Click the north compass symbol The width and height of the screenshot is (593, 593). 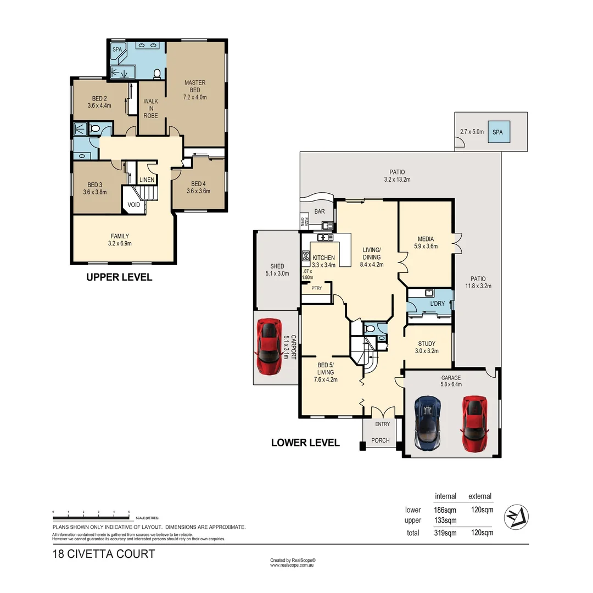tap(516, 517)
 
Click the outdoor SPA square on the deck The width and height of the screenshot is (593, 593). tap(497, 132)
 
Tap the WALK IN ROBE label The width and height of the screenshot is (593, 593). tap(151, 108)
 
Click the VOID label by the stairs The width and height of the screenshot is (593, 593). tap(134, 205)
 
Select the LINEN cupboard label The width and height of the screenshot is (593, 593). tap(147, 180)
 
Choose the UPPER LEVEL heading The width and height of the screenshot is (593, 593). tap(119, 278)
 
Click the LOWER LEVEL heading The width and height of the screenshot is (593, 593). tap(305, 443)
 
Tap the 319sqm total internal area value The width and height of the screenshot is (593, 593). tap(445, 533)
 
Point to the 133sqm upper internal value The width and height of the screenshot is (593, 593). tap(445, 521)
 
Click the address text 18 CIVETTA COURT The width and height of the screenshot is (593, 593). tap(104, 553)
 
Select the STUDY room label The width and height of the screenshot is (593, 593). tap(427, 344)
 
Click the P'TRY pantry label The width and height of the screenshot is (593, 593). tap(316, 288)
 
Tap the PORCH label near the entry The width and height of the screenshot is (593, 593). tap(381, 440)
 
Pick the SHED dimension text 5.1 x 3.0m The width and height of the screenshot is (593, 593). tap(277, 273)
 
